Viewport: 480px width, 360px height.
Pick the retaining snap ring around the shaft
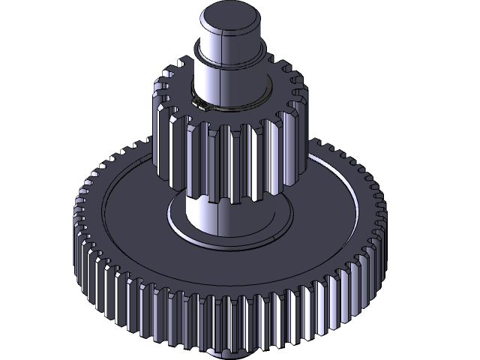247,103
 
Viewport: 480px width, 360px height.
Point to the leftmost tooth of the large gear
78,225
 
